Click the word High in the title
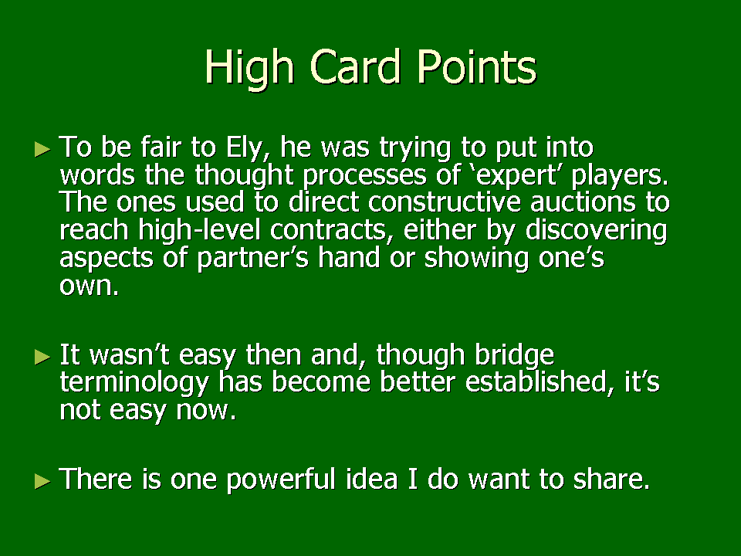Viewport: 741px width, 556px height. tap(250, 69)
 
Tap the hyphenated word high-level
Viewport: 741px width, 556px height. tap(199, 231)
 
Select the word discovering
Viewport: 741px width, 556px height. tap(596, 231)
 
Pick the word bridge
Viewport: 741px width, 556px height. tap(514, 355)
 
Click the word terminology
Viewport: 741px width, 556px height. tap(134, 383)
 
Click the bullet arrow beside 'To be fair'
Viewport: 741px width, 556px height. tap(42, 149)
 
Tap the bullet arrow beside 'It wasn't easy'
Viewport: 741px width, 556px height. tap(42, 357)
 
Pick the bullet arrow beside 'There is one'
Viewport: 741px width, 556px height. tap(42, 482)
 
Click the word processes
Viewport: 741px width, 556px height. tap(364, 176)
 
